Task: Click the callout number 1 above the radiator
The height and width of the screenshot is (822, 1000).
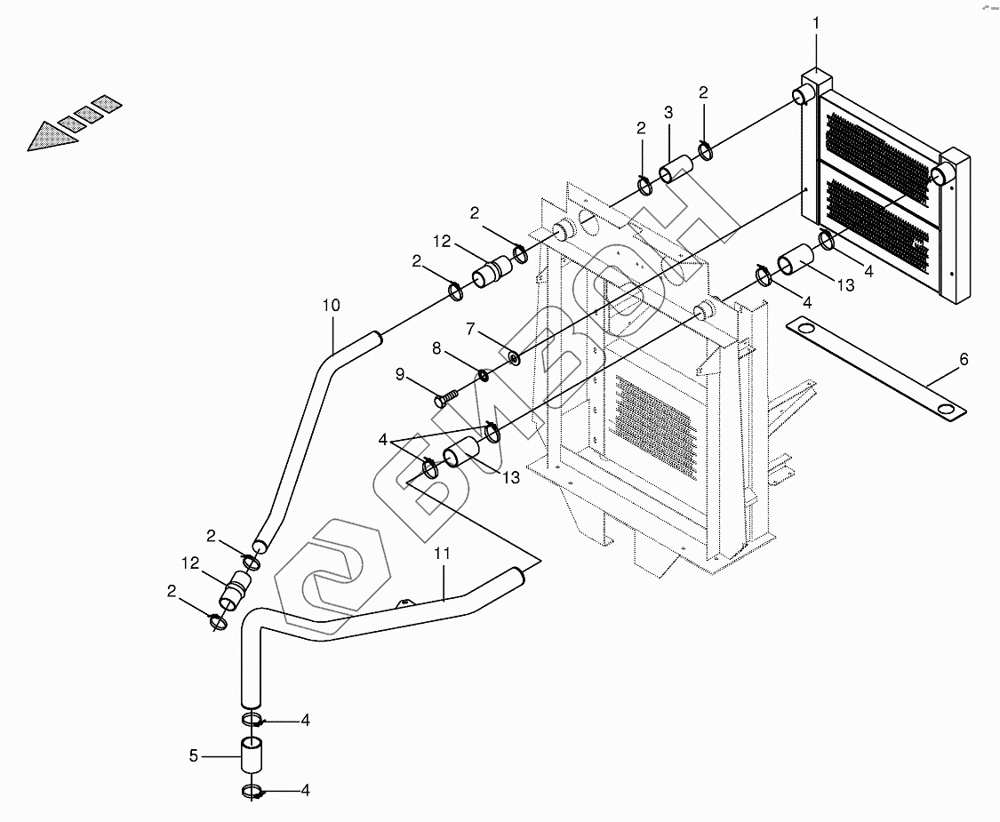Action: (816, 23)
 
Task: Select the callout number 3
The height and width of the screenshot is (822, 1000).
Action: (668, 113)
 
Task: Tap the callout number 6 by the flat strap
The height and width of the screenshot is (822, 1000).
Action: (964, 360)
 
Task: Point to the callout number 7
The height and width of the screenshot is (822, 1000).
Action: (470, 329)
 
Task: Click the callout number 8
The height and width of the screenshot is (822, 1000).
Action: (436, 348)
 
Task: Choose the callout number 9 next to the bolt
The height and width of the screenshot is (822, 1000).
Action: (400, 374)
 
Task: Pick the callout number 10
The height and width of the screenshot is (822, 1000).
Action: (331, 306)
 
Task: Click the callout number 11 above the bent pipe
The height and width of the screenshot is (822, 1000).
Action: (443, 554)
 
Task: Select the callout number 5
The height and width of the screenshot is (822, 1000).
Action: (194, 755)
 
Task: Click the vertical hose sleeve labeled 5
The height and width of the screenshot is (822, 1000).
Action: (252, 756)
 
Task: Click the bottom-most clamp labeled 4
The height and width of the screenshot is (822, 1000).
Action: (252, 793)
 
